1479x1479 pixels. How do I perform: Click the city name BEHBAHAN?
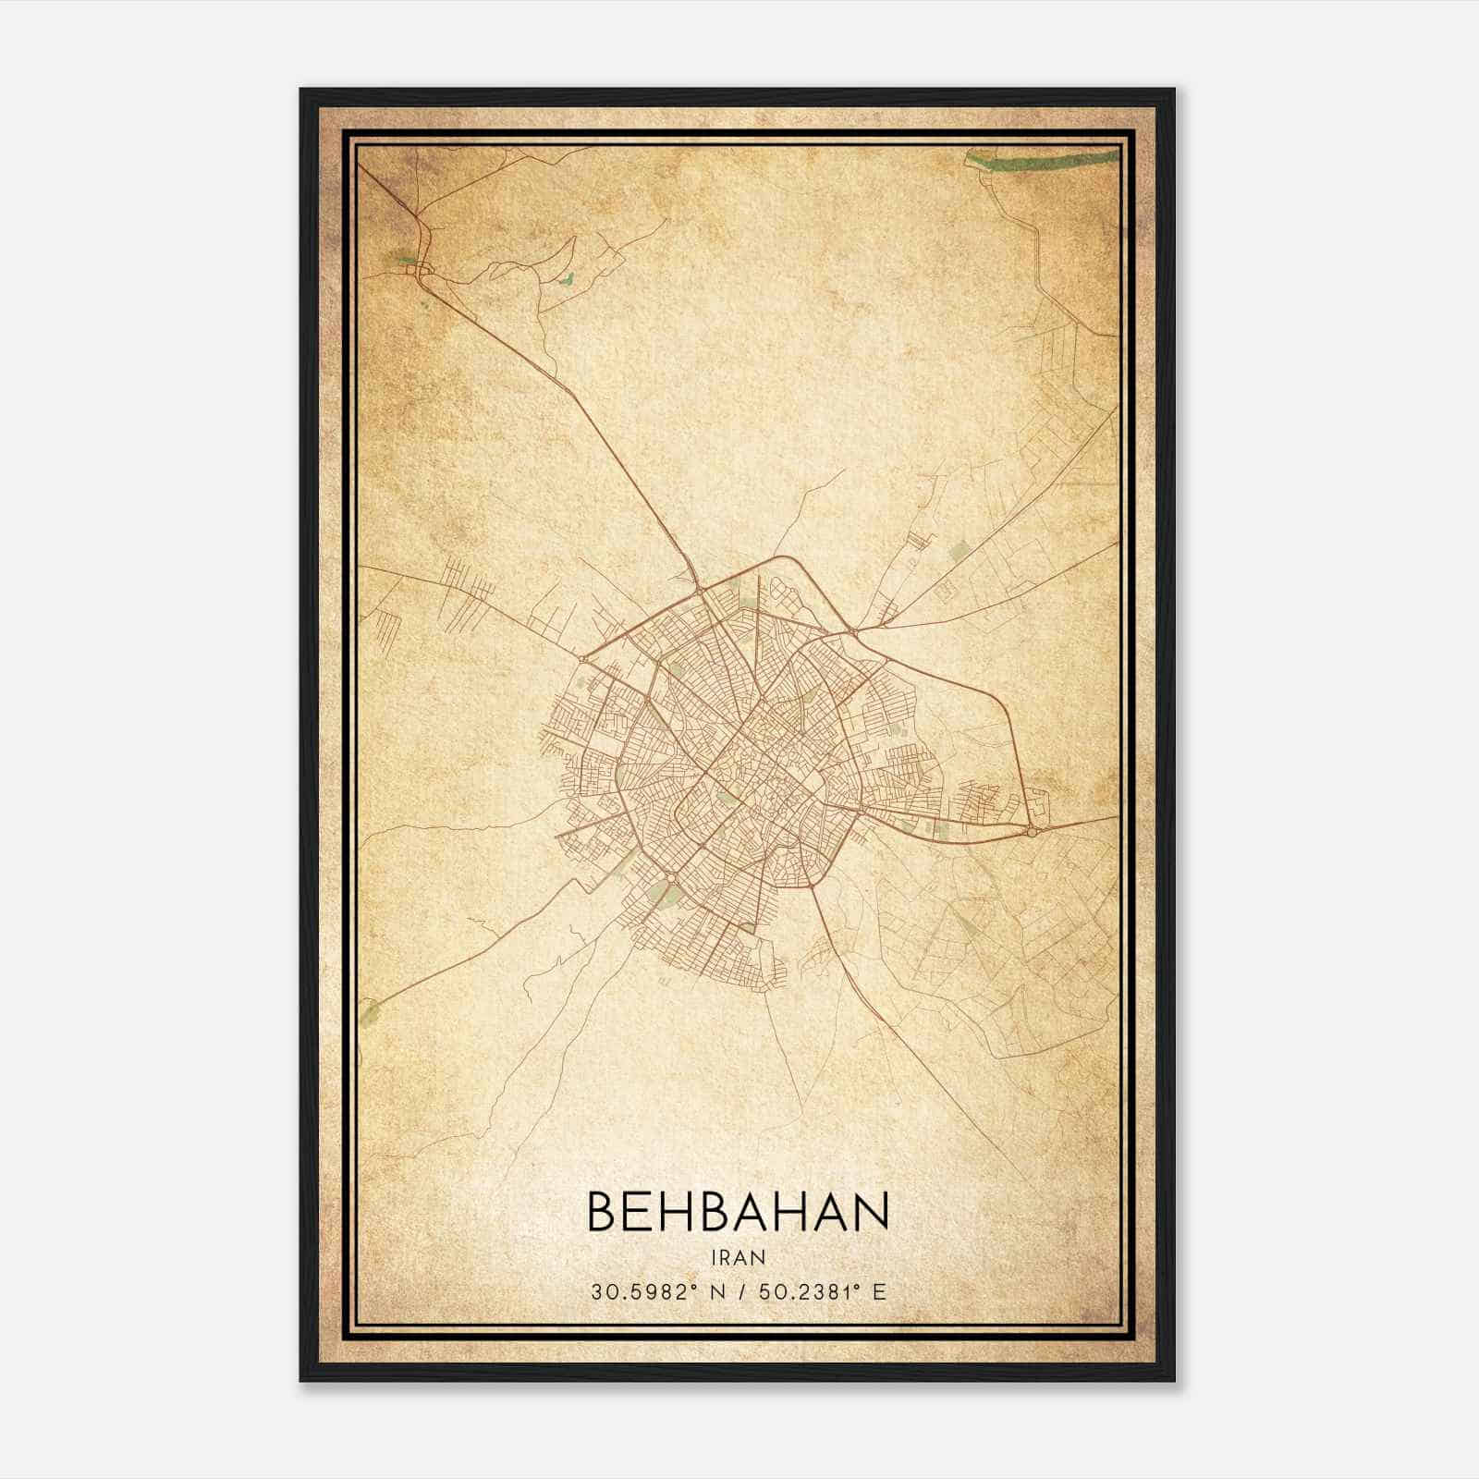click(738, 1212)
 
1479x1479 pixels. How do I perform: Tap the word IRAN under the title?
click(738, 1257)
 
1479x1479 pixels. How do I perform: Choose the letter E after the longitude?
click(879, 1291)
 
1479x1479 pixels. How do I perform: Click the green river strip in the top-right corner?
click(1045, 165)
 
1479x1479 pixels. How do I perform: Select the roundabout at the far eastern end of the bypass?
click(1033, 832)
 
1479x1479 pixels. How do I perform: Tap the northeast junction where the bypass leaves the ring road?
click(851, 631)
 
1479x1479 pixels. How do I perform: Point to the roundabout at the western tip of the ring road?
click(583, 659)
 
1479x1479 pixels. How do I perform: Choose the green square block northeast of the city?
click(958, 553)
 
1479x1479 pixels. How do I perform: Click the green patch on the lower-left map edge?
click(371, 1015)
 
